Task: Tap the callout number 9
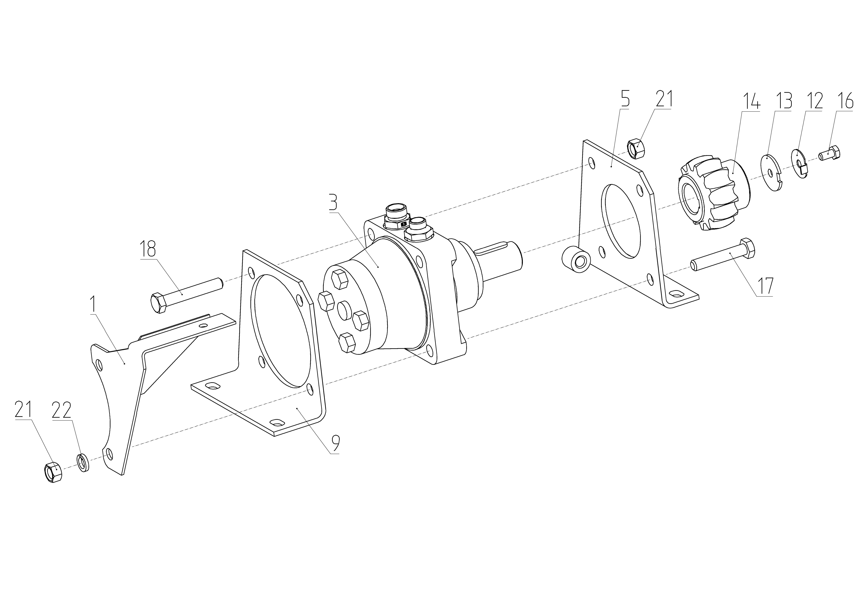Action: point(335,444)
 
